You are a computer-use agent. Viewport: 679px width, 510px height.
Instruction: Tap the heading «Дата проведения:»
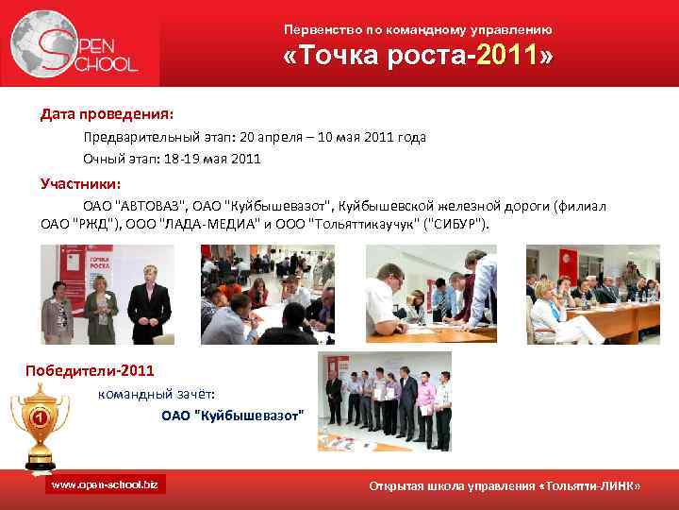pos(106,114)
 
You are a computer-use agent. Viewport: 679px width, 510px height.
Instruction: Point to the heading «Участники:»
pos(80,183)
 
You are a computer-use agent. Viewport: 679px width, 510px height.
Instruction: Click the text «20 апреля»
pos(265,137)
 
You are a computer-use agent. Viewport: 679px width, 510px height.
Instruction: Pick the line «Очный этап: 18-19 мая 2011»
pos(172,159)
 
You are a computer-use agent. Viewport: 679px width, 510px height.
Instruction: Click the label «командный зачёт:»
pos(157,394)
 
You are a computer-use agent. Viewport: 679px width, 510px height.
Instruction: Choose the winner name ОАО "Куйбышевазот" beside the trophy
pos(232,415)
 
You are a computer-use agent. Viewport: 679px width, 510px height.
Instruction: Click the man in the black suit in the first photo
pos(148,297)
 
